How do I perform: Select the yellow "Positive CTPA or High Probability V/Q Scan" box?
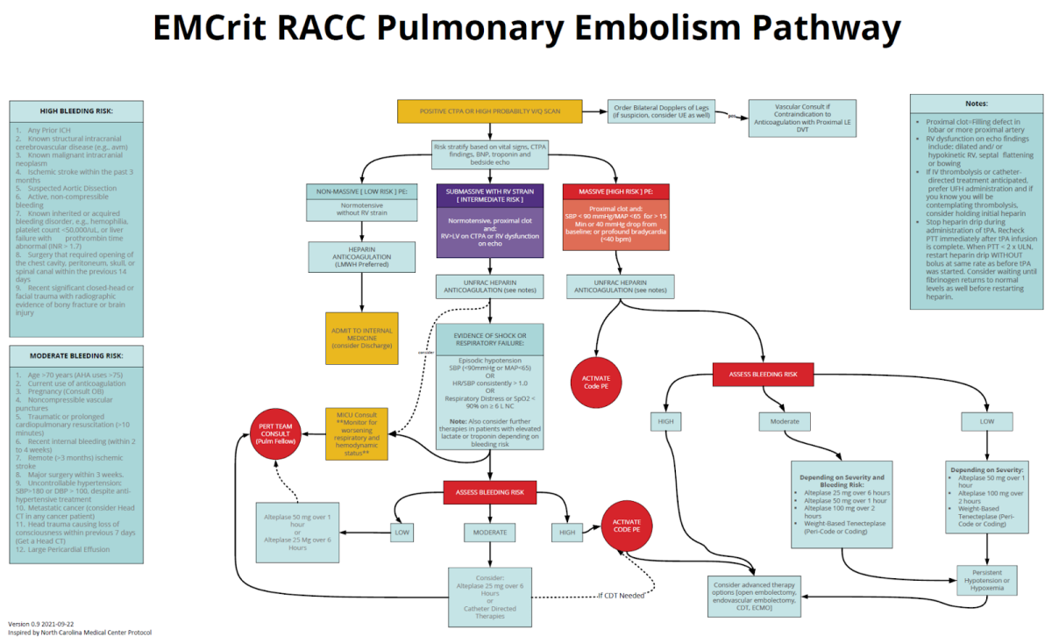(490, 111)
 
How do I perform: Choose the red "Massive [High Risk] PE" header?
(618, 191)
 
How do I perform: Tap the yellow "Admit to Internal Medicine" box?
(361, 338)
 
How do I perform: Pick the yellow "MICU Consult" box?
(356, 433)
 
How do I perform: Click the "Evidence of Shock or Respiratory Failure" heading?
(490, 339)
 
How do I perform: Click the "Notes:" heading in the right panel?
(976, 104)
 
